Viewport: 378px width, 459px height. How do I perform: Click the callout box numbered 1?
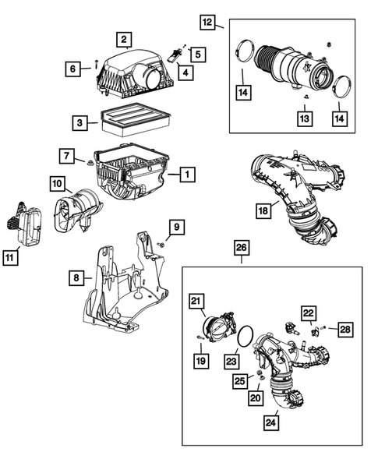187,175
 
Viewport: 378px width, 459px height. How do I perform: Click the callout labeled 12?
207,22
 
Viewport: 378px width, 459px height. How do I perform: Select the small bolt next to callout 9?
160,244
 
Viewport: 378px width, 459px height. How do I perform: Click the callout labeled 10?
58,184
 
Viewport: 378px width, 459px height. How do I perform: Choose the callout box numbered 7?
69,156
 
